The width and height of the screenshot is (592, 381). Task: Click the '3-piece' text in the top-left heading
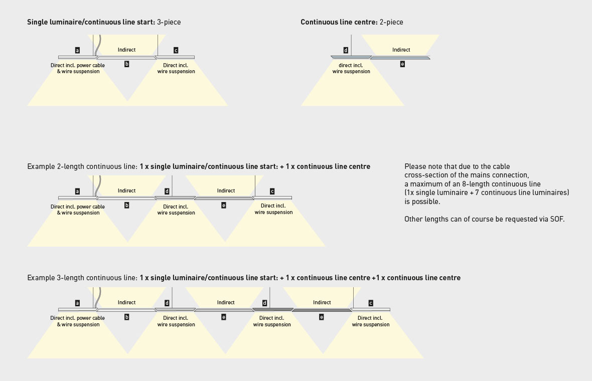(x=169, y=22)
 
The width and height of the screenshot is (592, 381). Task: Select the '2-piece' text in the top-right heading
(x=391, y=22)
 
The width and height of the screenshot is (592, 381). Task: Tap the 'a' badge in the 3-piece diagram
(x=77, y=50)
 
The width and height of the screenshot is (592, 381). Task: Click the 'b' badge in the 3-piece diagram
(x=127, y=64)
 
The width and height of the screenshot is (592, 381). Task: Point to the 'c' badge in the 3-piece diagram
(x=176, y=50)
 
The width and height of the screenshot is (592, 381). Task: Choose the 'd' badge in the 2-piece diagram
(x=346, y=50)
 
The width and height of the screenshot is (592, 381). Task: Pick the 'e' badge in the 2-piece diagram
(x=402, y=64)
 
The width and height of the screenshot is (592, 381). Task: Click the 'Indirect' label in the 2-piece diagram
(x=401, y=50)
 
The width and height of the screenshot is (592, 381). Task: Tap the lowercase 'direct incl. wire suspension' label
(x=351, y=68)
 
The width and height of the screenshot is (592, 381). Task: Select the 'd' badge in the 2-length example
(x=167, y=192)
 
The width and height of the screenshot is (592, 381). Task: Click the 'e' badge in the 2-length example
(x=224, y=205)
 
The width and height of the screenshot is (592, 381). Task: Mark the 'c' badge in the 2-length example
(x=272, y=192)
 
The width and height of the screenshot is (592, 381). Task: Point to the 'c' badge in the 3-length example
(x=371, y=303)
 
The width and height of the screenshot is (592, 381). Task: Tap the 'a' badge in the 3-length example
(x=77, y=303)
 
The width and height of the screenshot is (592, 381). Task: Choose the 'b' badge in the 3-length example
(x=127, y=317)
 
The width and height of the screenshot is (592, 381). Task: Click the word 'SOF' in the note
(x=556, y=219)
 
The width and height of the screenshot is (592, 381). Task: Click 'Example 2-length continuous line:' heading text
(x=82, y=167)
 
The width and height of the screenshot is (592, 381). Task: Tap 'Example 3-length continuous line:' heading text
(x=82, y=278)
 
